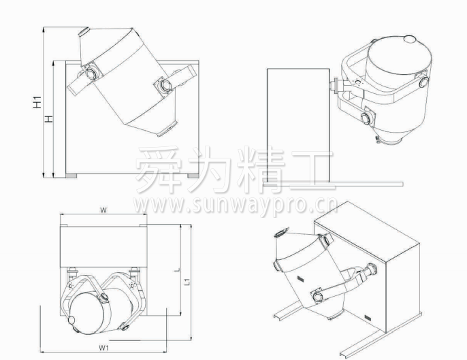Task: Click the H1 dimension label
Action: (x=37, y=102)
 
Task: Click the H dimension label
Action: (x=48, y=119)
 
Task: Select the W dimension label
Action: (x=103, y=210)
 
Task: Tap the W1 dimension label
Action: (x=103, y=348)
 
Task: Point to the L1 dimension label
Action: (x=187, y=281)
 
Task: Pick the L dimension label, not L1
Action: (x=177, y=269)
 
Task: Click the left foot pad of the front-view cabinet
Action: (x=71, y=176)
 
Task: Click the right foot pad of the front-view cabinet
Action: (x=193, y=176)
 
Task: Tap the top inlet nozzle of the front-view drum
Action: (x=84, y=31)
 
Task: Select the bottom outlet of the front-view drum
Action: (x=167, y=129)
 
